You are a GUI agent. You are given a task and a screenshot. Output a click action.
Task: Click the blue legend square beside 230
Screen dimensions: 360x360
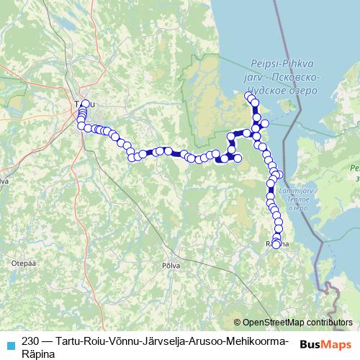(10, 344)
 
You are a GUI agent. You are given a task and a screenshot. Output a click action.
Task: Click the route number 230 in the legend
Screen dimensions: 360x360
(31, 341)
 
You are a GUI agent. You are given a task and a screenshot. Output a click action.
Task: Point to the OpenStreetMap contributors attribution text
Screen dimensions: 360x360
(297, 323)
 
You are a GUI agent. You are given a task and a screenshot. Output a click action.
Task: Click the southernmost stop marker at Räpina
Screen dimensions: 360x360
(276, 245)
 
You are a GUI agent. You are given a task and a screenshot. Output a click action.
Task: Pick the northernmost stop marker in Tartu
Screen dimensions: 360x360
(84, 104)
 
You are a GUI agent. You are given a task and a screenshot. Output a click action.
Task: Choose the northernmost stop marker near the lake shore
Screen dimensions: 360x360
(249, 96)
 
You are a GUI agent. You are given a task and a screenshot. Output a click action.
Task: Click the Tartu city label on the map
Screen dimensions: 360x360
(79, 105)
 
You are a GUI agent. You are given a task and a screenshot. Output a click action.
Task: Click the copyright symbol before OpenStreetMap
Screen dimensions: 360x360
(238, 323)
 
